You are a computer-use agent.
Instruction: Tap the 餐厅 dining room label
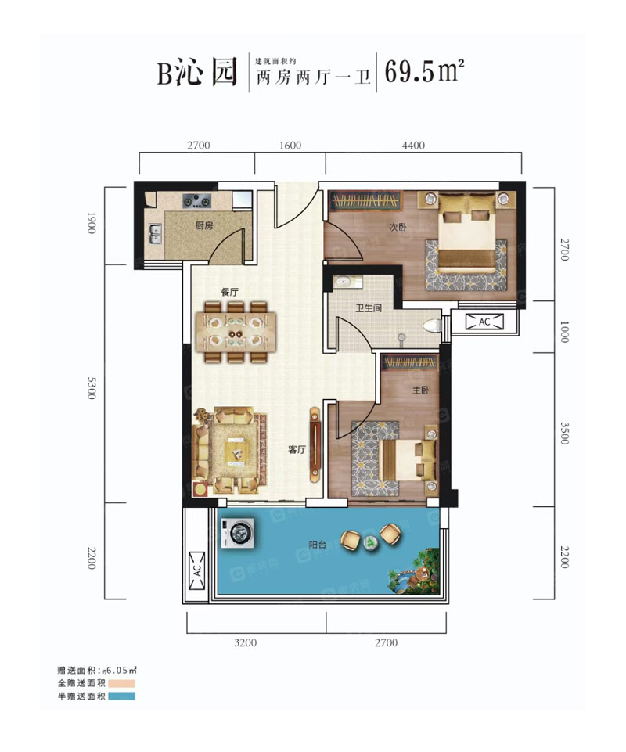pyautogui.click(x=229, y=291)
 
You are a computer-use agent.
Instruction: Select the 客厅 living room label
pyautogui.click(x=296, y=449)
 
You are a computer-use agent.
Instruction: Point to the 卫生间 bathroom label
pyautogui.click(x=369, y=308)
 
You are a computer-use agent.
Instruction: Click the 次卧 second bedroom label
pyautogui.click(x=397, y=228)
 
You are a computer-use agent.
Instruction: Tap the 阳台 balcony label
pyautogui.click(x=316, y=545)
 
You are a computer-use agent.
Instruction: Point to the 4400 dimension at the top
pyautogui.click(x=413, y=146)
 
